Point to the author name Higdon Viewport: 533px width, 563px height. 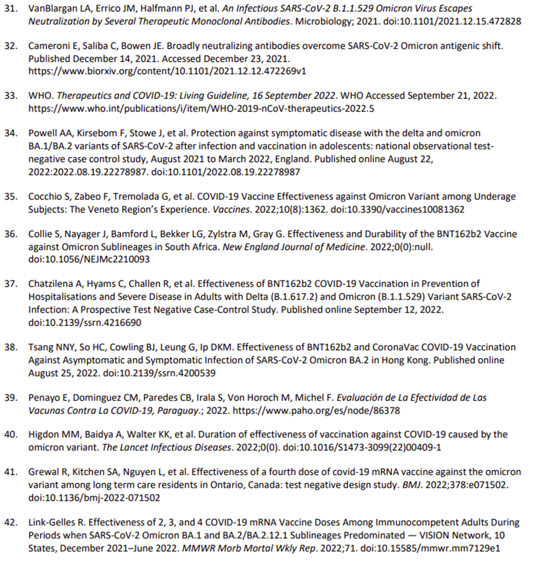click(x=43, y=435)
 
